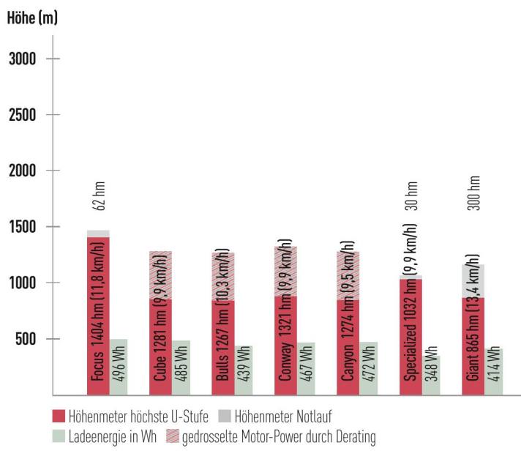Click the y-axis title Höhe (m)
32,19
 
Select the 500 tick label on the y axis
27,339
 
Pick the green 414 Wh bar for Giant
495,371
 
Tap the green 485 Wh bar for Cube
181,367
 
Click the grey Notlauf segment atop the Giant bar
473,281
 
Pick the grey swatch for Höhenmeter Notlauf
225,417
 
